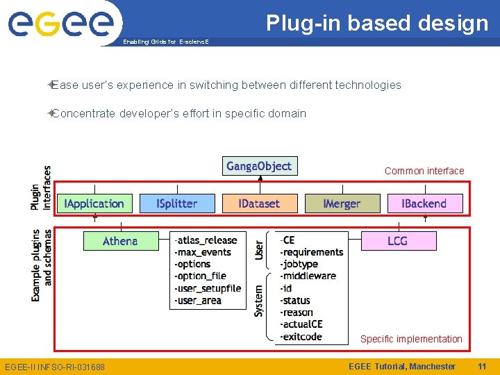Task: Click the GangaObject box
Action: (260, 166)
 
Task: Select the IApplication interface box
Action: (94, 203)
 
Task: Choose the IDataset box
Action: (259, 203)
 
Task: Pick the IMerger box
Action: (342, 203)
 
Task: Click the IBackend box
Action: (424, 203)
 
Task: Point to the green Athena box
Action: (120, 241)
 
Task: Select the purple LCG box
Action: (397, 241)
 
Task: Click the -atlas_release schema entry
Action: (206, 240)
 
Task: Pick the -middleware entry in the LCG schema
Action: (308, 276)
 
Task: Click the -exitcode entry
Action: (301, 337)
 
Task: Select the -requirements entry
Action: (311, 252)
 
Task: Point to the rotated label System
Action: (259, 301)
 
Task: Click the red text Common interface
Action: (424, 171)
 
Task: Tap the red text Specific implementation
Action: (411, 339)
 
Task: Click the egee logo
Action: (60, 24)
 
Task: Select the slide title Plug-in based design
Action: (378, 23)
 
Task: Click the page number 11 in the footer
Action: (482, 366)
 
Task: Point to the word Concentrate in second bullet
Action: (83, 113)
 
